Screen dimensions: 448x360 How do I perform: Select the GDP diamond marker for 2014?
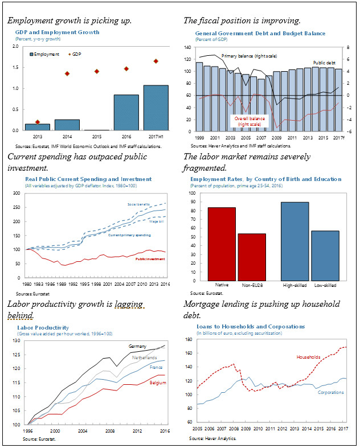67,73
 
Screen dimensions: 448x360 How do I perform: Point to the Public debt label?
324,62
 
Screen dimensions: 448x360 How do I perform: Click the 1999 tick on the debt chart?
199,138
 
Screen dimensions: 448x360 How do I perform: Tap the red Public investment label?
150,259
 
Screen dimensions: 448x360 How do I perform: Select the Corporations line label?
330,392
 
